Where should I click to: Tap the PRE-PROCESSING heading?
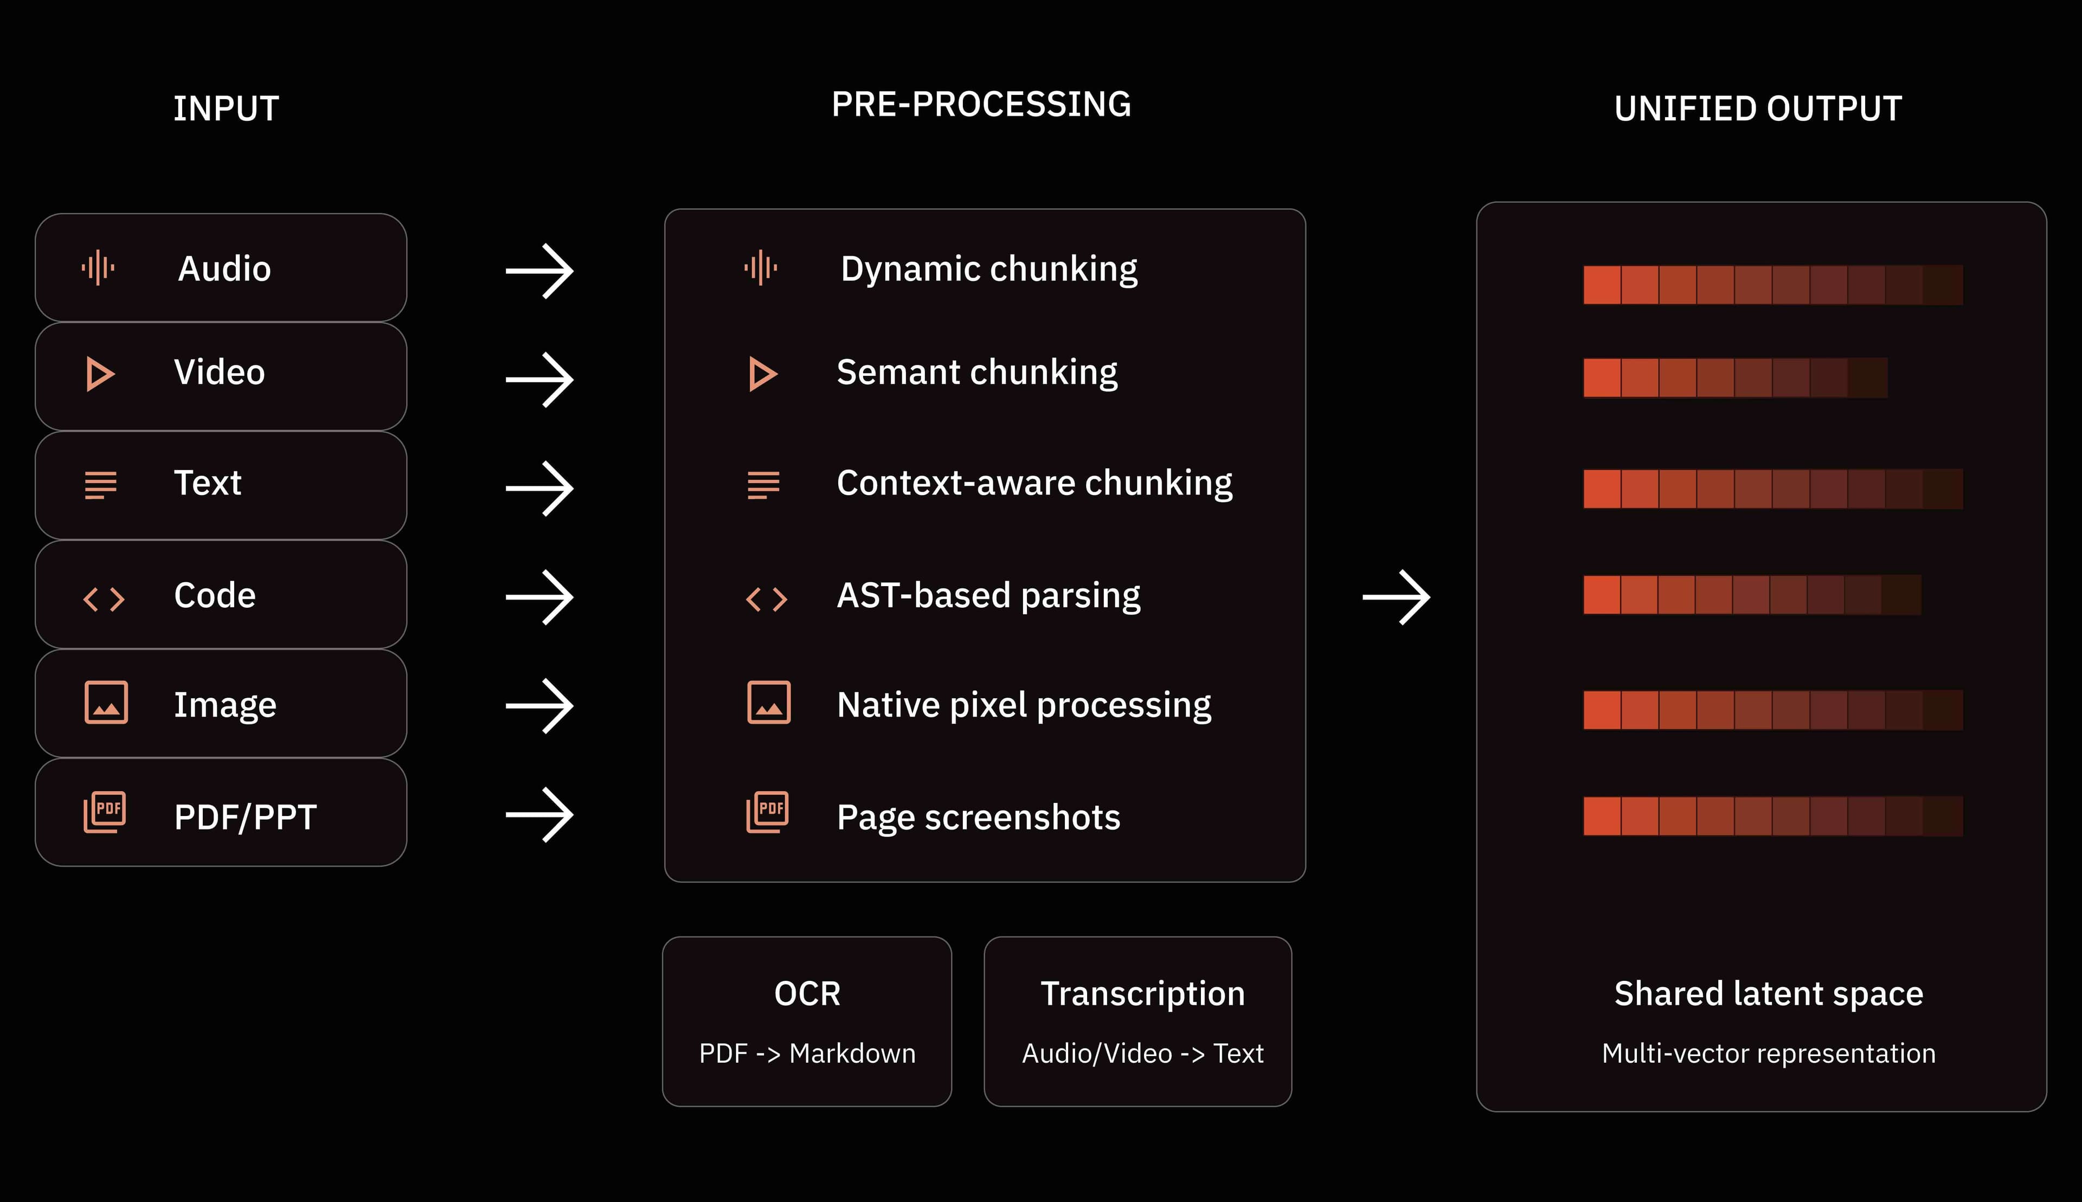point(981,105)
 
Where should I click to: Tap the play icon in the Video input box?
point(100,374)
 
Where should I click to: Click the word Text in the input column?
point(207,483)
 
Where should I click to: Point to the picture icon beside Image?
point(106,703)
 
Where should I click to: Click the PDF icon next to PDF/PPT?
point(105,812)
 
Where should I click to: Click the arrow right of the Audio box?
point(539,271)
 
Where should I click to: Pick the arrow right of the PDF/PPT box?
point(539,815)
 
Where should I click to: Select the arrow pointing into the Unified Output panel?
point(1396,597)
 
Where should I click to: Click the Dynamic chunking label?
point(989,269)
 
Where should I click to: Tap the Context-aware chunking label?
point(1034,483)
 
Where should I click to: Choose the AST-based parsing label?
point(988,596)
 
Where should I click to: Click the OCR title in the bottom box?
point(807,994)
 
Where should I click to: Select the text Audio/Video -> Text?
point(1142,1053)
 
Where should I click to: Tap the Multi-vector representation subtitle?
point(1768,1054)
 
